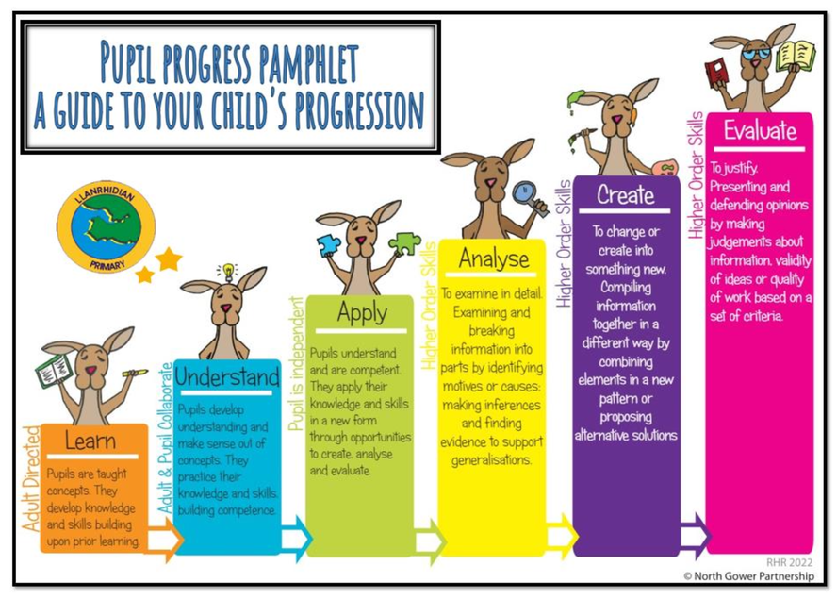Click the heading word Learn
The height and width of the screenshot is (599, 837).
pos(90,441)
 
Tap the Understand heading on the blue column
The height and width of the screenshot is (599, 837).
pos(227,376)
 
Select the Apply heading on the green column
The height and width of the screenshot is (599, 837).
pos(363,312)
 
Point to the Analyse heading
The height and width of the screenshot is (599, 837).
pos(494,258)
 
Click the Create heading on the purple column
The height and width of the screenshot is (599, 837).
pos(625,194)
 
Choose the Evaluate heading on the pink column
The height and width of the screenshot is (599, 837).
pos(760,130)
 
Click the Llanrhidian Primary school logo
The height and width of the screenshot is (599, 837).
pos(107,226)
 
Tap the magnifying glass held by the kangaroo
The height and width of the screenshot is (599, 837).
pos(530,198)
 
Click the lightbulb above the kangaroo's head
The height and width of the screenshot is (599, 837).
pos(228,271)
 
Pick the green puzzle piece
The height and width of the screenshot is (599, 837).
pos(405,243)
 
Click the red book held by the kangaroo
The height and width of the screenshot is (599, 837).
pos(716,72)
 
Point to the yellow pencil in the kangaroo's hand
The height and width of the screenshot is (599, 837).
pos(135,373)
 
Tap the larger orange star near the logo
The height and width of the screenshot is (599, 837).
pos(169,259)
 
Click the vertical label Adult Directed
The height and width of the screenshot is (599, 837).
pos(32,479)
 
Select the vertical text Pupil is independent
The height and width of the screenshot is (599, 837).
pos(296,364)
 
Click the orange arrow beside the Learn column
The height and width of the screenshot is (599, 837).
pos(163,540)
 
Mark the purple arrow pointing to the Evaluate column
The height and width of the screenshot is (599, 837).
pos(696,536)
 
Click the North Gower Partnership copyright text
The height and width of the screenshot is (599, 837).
pos(749,576)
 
